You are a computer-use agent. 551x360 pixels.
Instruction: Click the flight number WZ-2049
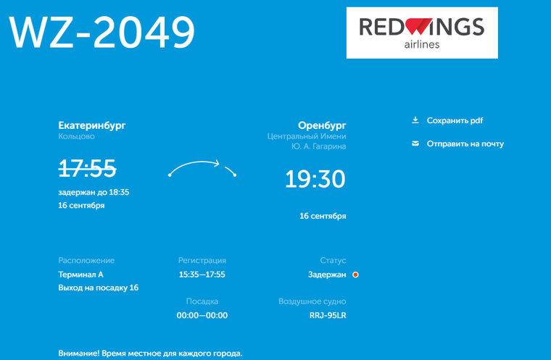point(101,32)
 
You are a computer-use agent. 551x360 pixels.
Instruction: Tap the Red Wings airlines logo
point(422,33)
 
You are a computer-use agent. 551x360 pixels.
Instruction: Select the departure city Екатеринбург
point(92,125)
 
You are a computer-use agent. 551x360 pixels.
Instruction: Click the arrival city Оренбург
point(322,125)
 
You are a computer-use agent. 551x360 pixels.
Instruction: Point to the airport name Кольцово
point(77,137)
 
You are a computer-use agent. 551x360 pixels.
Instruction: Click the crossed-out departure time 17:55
point(87,168)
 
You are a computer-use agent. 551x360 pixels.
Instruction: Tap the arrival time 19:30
point(315,179)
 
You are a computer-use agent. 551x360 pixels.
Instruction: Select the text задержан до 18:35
point(94,193)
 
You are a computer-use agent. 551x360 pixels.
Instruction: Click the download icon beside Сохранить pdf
point(415,120)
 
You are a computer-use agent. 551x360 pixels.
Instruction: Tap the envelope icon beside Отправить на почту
point(415,143)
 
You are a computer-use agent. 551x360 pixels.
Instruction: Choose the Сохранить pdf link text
point(455,121)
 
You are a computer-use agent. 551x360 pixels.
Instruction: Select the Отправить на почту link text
point(465,144)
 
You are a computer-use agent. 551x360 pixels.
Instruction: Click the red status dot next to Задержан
point(356,275)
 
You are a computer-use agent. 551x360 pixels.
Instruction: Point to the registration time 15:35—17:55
point(202,275)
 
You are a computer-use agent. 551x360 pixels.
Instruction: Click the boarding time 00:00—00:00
point(202,315)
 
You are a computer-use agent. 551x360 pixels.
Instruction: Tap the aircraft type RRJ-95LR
point(328,315)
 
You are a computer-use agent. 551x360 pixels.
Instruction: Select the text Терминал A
point(80,275)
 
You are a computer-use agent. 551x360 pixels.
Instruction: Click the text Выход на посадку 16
point(99,288)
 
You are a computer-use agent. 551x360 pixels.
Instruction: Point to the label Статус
point(333,261)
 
